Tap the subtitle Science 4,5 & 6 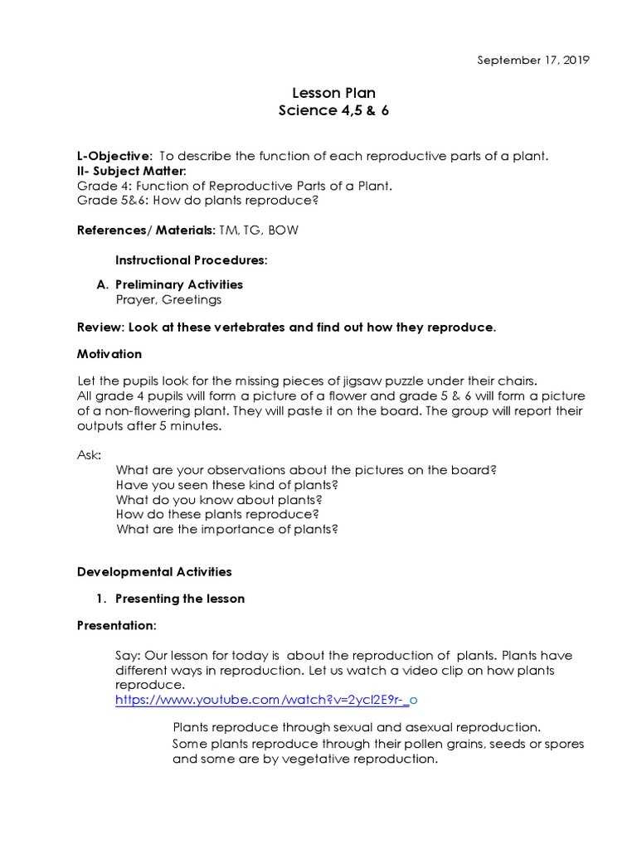(x=333, y=111)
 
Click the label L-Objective (x=114, y=156)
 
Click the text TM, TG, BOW (x=258, y=230)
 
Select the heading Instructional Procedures (x=191, y=260)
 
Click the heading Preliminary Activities (x=178, y=284)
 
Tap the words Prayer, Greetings (x=168, y=299)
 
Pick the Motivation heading (x=109, y=354)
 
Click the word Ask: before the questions (x=90, y=455)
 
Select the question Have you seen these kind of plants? (x=227, y=485)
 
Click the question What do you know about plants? (x=219, y=500)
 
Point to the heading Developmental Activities (x=154, y=572)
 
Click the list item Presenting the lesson (x=179, y=599)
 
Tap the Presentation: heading (x=116, y=625)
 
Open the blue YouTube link (x=265, y=701)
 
